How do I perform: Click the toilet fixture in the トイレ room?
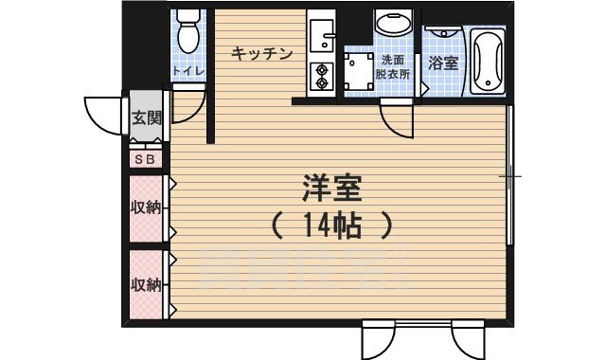click(188, 31)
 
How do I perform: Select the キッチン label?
click(261, 53)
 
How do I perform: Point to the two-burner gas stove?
click(322, 75)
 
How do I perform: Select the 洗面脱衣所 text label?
click(390, 65)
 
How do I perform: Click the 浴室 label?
click(442, 63)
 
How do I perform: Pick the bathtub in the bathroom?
click(488, 61)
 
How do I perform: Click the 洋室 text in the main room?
click(330, 186)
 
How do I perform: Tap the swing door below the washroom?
click(395, 121)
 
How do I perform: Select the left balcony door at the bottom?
click(379, 338)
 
